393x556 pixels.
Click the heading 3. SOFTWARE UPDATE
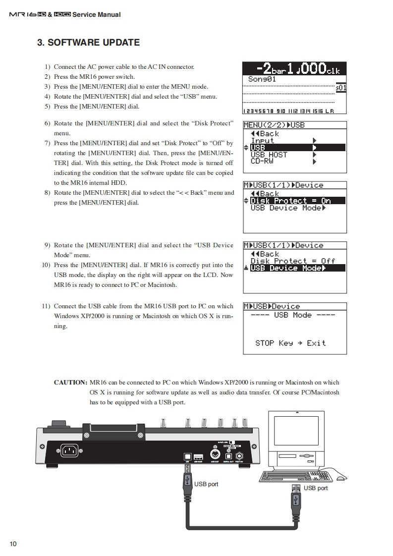(88, 43)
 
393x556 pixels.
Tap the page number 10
(13, 544)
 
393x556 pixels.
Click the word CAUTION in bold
(70, 383)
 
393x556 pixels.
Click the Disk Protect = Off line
(292, 261)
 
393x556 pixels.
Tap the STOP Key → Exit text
(290, 343)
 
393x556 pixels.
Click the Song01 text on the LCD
(262, 79)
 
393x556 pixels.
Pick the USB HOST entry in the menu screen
(269, 155)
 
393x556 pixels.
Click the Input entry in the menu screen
(262, 141)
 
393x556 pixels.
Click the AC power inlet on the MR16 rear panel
(70, 450)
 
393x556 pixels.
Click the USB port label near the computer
(316, 488)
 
